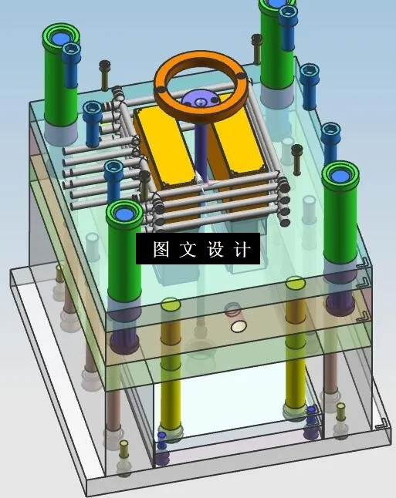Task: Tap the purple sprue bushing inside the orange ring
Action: tap(200, 101)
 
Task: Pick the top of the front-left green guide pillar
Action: tap(124, 212)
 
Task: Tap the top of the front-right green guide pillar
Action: tap(340, 175)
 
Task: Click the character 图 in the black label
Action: tap(161, 250)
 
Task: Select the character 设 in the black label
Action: tap(215, 250)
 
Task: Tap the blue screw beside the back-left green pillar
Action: tap(72, 52)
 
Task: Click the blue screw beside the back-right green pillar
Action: tap(288, 14)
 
